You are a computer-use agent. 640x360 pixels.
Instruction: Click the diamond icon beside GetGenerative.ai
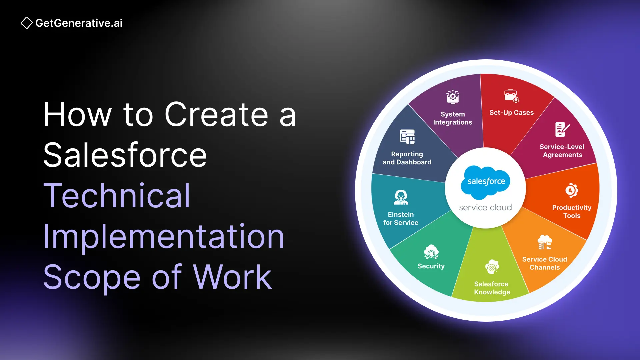coord(27,23)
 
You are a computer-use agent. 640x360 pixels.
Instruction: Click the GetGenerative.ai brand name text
coord(79,23)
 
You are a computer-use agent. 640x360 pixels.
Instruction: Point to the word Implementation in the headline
coord(164,236)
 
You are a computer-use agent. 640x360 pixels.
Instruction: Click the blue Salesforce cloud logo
coord(485,181)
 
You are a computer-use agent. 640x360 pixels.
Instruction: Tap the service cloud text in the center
coord(485,207)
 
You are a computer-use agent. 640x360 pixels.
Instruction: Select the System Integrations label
coord(452,118)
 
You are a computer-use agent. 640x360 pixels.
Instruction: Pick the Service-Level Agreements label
coord(562,151)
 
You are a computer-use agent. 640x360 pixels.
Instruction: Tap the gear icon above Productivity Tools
coord(571,191)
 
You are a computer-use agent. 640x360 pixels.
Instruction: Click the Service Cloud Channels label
coord(545,263)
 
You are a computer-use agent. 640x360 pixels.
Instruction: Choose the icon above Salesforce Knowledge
coord(492,267)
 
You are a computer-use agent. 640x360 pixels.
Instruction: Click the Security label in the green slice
coord(431,266)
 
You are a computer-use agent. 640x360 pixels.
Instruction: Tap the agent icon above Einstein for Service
coord(401,197)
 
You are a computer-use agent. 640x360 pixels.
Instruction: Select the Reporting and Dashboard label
coord(407,158)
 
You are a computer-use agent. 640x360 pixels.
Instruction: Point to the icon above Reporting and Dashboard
coord(407,137)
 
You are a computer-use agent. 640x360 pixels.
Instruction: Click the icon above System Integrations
coord(453,97)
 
